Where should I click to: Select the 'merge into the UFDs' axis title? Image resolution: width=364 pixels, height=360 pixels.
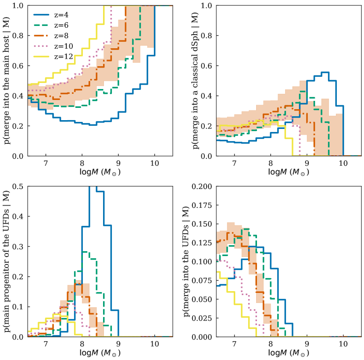click(189, 262)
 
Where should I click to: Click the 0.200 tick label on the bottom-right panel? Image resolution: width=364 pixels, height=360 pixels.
click(207, 187)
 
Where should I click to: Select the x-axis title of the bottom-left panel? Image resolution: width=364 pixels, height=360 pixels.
click(100, 353)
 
